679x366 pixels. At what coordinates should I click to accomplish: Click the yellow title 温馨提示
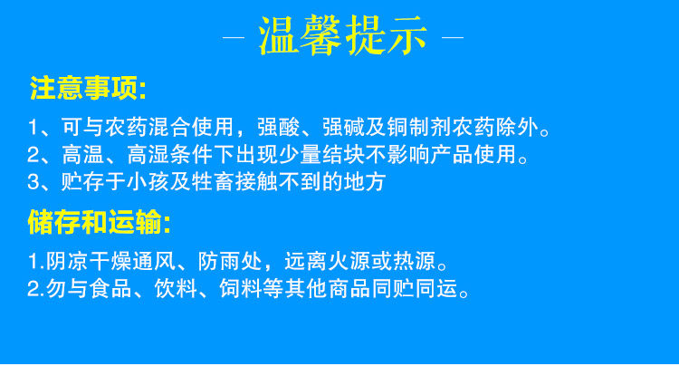tap(343, 35)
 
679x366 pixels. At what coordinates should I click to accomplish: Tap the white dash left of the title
tap(234, 38)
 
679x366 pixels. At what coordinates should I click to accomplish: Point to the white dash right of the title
tap(453, 38)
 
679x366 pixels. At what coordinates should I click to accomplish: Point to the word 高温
tap(82, 155)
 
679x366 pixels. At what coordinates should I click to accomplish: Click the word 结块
tap(343, 155)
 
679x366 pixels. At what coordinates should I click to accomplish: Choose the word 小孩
tap(148, 182)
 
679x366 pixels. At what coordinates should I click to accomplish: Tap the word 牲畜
tap(213, 182)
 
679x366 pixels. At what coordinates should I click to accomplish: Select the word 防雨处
tap(230, 261)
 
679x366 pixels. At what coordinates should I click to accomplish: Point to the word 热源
tap(415, 261)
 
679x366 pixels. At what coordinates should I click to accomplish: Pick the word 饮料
tap(176, 288)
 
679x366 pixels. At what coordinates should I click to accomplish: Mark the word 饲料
tap(241, 288)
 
